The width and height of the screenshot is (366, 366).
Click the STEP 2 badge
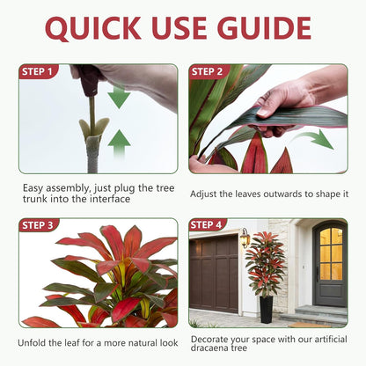[209, 72]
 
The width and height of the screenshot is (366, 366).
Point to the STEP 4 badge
[208, 225]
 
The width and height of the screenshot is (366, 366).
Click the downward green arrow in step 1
[119, 96]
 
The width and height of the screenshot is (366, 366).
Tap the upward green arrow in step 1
[119, 143]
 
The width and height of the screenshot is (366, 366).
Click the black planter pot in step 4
[267, 310]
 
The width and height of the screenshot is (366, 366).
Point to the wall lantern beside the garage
[245, 238]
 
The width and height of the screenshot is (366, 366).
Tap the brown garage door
[214, 274]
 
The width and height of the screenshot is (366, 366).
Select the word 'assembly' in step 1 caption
[70, 188]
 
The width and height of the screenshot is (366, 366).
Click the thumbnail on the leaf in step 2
[263, 112]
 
